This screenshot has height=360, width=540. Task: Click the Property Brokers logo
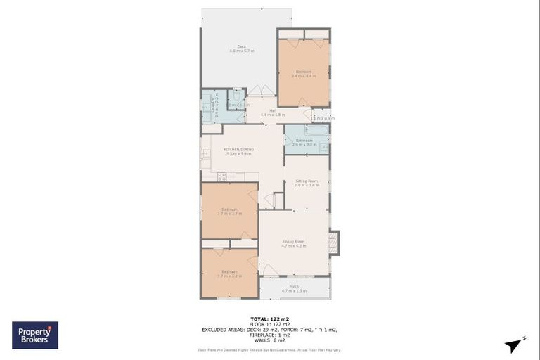click(x=35, y=335)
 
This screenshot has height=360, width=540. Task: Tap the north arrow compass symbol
click(x=515, y=345)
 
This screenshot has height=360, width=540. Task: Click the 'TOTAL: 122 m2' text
click(x=269, y=319)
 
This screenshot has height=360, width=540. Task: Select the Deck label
click(x=236, y=49)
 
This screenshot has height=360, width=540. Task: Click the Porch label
click(x=295, y=288)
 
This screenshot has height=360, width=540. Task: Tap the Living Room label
click(x=294, y=243)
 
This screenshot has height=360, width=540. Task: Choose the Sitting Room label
click(x=307, y=183)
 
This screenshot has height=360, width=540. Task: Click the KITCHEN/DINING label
click(x=238, y=151)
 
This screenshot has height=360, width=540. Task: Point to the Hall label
click(x=271, y=112)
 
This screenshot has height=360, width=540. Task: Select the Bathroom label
click(x=304, y=141)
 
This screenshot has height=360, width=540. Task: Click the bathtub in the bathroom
click(x=316, y=130)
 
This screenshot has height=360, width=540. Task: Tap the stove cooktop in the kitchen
click(x=222, y=176)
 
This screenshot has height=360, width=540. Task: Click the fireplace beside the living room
click(x=334, y=243)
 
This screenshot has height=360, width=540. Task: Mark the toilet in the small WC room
click(x=238, y=96)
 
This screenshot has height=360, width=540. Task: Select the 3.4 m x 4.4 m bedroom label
click(x=304, y=73)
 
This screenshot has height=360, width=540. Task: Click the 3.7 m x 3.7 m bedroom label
click(x=229, y=210)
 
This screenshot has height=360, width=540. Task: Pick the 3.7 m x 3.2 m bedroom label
click(x=229, y=274)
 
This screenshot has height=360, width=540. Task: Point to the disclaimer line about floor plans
click(x=269, y=349)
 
